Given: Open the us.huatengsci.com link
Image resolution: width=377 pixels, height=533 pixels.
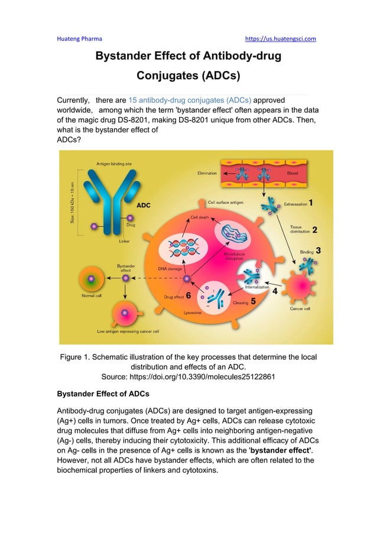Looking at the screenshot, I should point(280,39).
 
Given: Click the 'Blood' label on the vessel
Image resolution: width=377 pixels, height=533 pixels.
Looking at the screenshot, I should point(293,173).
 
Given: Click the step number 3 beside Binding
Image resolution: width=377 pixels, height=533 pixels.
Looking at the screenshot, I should point(318,250).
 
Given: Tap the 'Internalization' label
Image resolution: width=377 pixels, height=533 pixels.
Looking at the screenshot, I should point(258,287).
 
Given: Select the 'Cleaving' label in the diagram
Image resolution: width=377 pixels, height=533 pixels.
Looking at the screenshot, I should point(240,302).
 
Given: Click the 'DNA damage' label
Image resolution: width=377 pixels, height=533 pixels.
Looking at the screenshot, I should point(168,268).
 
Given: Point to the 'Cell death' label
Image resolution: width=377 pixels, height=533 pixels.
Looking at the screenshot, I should point(199,217).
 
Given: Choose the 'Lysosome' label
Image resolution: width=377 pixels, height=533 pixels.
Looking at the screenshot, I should point(192,312).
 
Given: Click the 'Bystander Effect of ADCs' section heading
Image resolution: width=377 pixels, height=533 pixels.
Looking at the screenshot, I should point(102,394).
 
